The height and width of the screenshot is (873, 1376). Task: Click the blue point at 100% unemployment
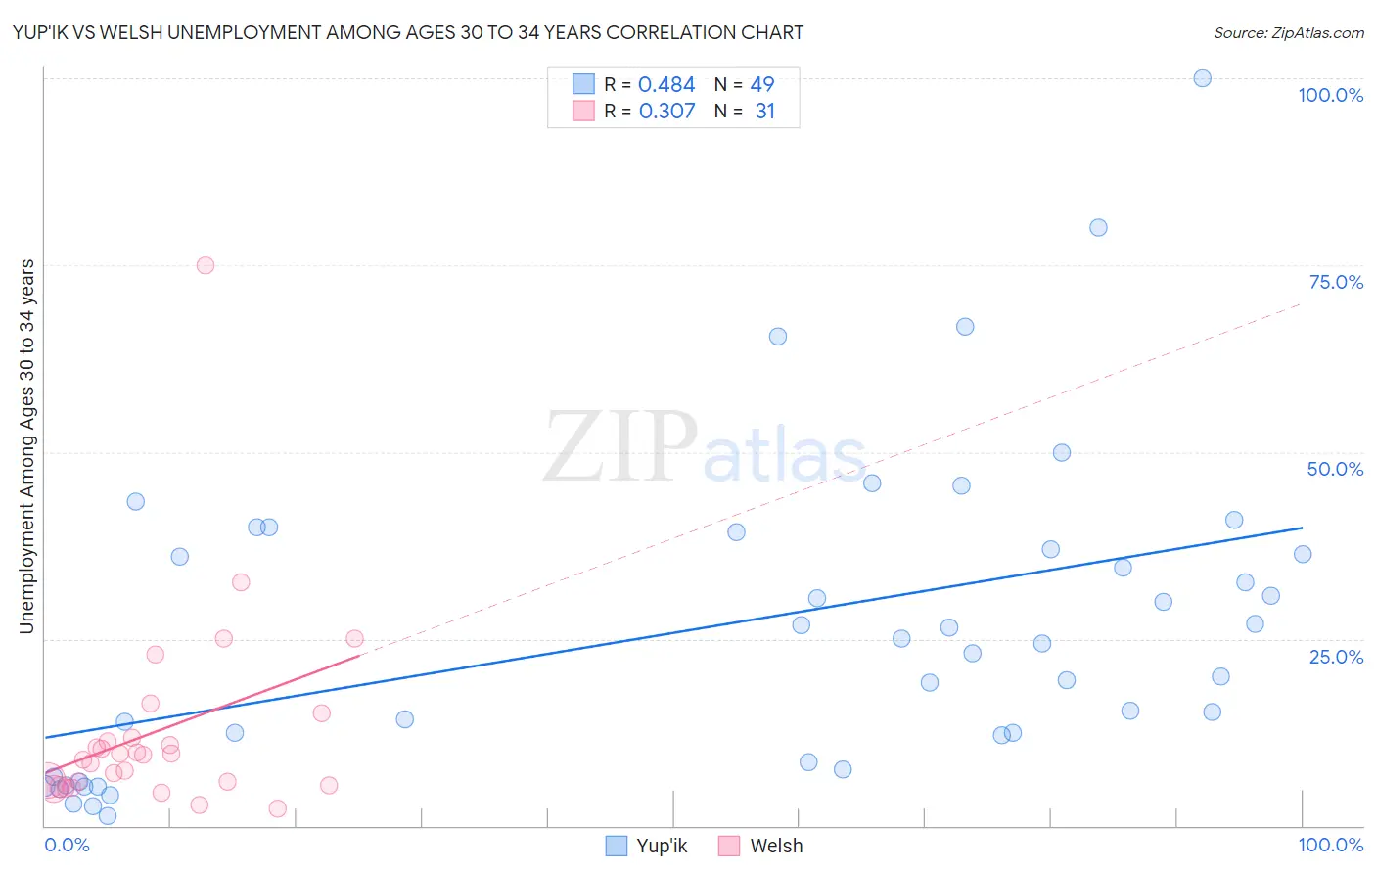tap(1202, 78)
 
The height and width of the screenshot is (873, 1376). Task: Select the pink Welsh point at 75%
tap(205, 265)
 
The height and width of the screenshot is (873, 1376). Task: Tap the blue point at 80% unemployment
tap(1098, 227)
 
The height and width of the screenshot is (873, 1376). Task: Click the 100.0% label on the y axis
tap(1330, 95)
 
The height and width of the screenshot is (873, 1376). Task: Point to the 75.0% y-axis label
tap(1336, 282)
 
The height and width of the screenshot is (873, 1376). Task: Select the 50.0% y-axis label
tap(1335, 469)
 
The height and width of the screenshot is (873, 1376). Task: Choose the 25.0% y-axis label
tap(1336, 657)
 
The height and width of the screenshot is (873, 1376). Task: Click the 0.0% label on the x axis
tap(67, 845)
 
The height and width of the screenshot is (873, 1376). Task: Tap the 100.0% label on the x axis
tap(1330, 845)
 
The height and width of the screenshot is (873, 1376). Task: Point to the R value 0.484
tap(666, 85)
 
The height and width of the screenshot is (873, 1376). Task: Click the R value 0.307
tap(666, 112)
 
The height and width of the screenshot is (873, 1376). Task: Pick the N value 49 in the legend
tap(762, 85)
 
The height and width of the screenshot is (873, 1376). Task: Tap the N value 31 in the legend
tap(764, 112)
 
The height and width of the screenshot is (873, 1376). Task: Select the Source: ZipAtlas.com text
tap(1288, 32)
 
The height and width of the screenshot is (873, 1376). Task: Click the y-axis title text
tap(27, 446)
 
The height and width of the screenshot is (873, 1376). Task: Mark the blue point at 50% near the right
tap(1061, 452)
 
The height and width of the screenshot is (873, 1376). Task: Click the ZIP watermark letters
tap(620, 448)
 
